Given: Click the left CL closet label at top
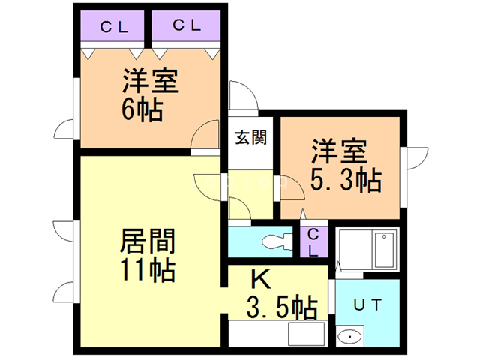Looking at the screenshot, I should tap(113, 27).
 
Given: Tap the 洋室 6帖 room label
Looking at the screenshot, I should tap(150, 96).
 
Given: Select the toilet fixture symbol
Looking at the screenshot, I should tap(279, 241).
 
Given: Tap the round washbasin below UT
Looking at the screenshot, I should tap(349, 337).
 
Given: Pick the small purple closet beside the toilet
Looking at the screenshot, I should tap(314, 242).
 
